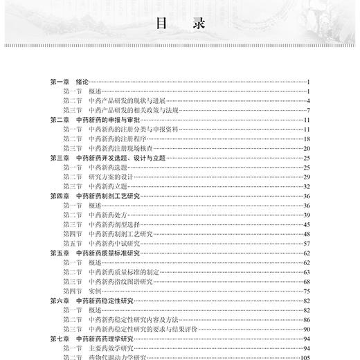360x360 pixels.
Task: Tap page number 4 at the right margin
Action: (307, 100)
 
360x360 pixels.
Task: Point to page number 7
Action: (307, 110)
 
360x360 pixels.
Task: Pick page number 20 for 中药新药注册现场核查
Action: (305, 148)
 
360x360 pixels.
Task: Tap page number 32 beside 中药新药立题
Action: (305, 186)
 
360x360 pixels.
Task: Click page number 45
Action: (305, 224)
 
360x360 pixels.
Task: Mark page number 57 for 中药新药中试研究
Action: (305, 244)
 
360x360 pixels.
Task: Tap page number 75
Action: (305, 291)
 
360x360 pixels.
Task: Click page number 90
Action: (305, 330)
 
